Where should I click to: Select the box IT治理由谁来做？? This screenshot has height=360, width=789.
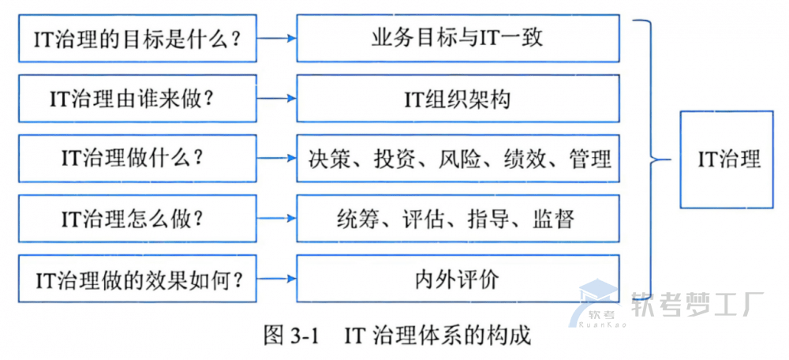(x=137, y=99)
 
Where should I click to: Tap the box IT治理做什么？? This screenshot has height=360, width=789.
(x=137, y=158)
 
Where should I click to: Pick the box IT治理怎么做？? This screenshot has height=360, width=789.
(x=137, y=219)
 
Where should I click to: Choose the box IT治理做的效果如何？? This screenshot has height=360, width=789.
(x=137, y=279)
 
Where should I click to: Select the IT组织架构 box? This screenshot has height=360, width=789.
(x=457, y=99)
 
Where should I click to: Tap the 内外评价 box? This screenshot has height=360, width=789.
(x=457, y=279)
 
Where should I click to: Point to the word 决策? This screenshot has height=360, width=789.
(x=329, y=159)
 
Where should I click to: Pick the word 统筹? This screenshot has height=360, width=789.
(x=357, y=219)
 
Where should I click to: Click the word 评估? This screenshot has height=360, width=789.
(x=423, y=219)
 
